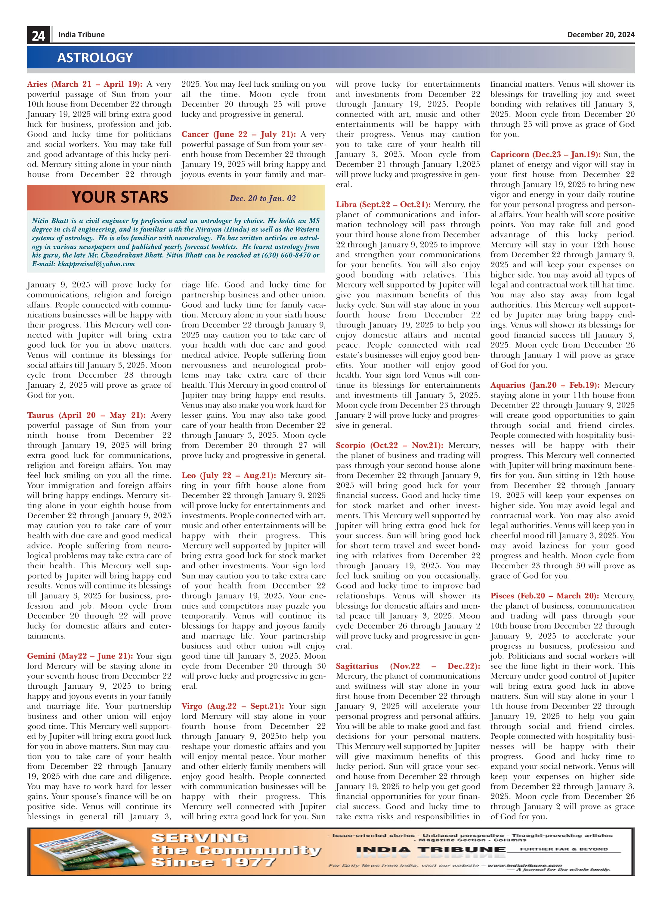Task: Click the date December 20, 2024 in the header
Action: click(x=600, y=35)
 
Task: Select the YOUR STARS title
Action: click(x=120, y=197)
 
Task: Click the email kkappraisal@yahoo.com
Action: click(x=96, y=264)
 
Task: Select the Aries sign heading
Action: click(x=85, y=84)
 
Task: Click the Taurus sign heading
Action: click(x=86, y=415)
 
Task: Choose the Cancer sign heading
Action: click(x=238, y=134)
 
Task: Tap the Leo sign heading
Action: click(x=228, y=475)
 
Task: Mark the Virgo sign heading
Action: click(x=232, y=706)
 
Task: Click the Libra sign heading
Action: click(x=383, y=204)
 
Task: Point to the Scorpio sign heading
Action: click(x=389, y=445)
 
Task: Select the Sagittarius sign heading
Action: click(x=407, y=666)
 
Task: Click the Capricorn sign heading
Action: click(x=545, y=154)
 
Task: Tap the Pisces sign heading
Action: click(x=544, y=596)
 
